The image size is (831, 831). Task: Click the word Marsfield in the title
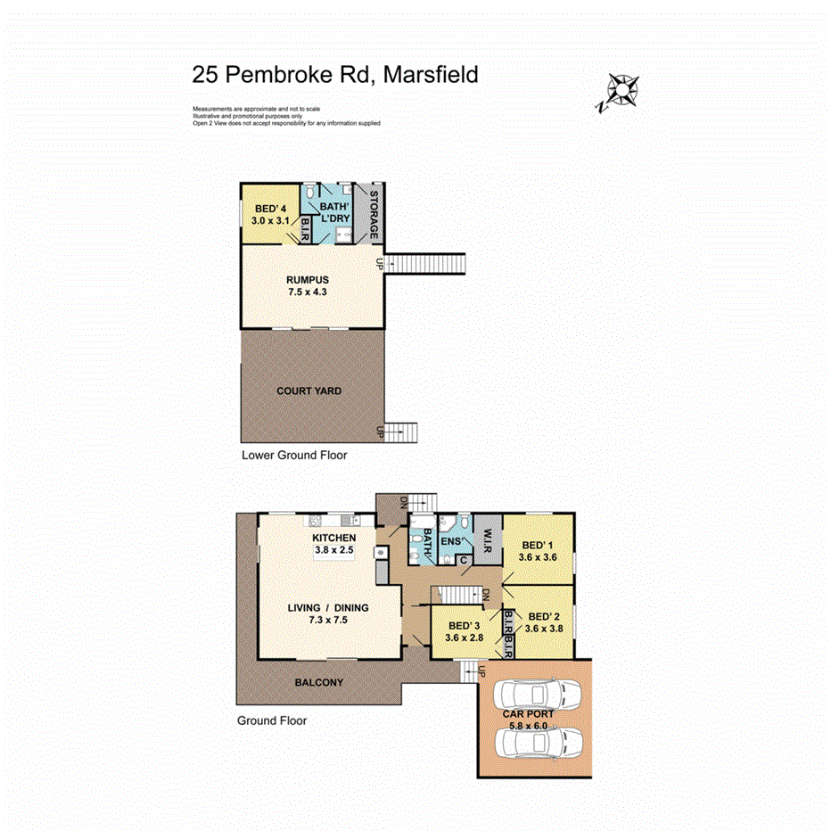[x=431, y=74]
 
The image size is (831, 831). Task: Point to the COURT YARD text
[x=309, y=391]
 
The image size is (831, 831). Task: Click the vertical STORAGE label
[x=375, y=215]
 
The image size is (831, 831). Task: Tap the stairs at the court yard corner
[x=402, y=432]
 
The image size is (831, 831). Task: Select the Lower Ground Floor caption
[x=294, y=455]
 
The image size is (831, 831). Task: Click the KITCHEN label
[x=334, y=538]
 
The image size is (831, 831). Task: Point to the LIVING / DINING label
[x=327, y=608]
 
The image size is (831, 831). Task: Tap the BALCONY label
[x=318, y=683]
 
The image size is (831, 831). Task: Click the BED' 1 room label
[x=537, y=545]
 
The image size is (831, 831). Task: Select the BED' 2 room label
[x=544, y=616]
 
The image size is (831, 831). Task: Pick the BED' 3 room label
[x=464, y=625]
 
